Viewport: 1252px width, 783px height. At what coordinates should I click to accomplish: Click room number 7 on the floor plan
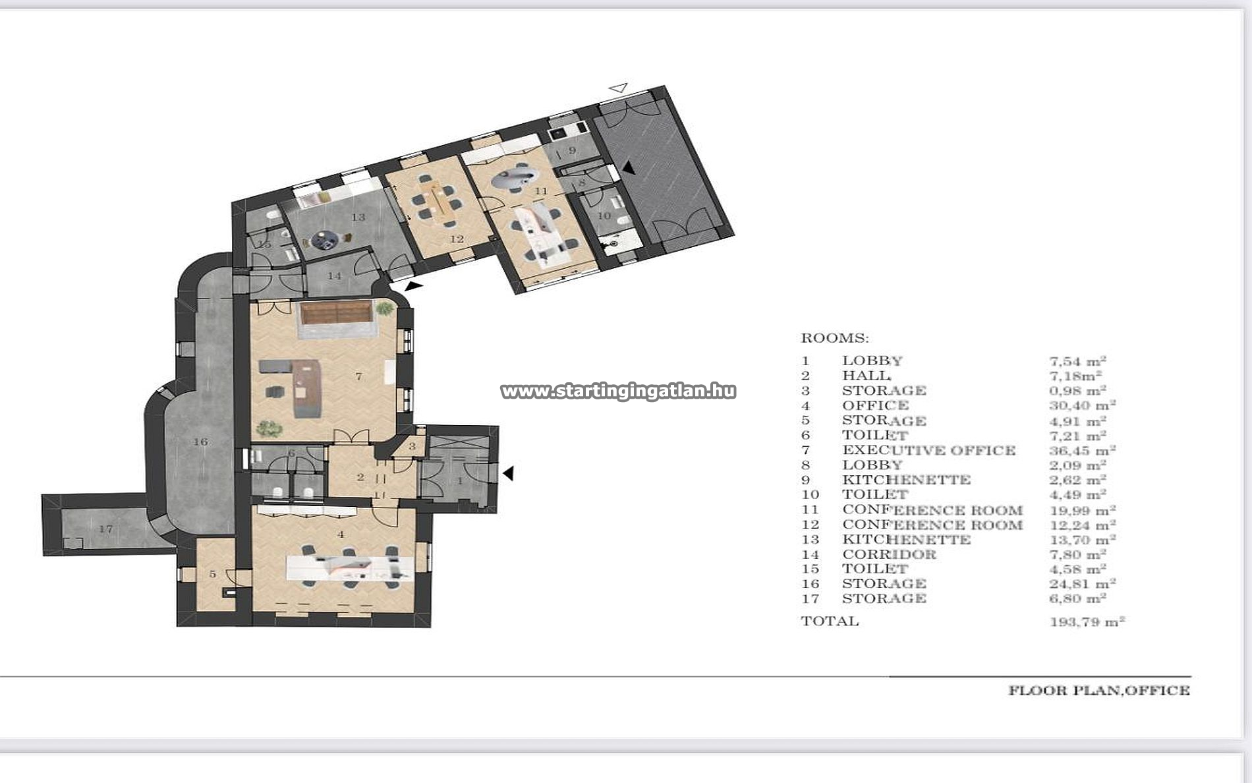358,376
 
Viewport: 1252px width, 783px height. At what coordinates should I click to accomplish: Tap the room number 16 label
200,442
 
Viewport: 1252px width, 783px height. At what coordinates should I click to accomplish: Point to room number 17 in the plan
106,529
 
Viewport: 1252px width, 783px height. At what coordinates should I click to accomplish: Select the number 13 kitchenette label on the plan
358,217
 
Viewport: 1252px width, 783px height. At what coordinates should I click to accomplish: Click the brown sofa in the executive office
337,312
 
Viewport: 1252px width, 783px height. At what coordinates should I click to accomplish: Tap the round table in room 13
325,240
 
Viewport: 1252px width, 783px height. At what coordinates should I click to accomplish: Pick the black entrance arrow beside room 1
508,473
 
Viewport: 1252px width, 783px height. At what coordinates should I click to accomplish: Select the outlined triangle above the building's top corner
618,87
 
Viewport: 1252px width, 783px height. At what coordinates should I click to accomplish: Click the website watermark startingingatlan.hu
618,391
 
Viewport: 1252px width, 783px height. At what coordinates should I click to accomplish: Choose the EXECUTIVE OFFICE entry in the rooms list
929,450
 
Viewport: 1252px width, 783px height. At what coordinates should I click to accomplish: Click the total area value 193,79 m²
1087,621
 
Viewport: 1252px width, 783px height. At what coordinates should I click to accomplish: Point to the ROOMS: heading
835,338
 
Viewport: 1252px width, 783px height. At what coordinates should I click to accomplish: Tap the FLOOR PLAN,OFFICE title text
1099,690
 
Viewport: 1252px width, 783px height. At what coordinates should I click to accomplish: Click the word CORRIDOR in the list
889,554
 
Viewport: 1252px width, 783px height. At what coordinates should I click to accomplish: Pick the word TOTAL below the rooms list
830,621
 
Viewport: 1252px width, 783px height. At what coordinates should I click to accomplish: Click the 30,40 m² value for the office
1082,405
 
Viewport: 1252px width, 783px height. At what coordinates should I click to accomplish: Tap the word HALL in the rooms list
866,376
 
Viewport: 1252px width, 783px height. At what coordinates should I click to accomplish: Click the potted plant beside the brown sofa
383,308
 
